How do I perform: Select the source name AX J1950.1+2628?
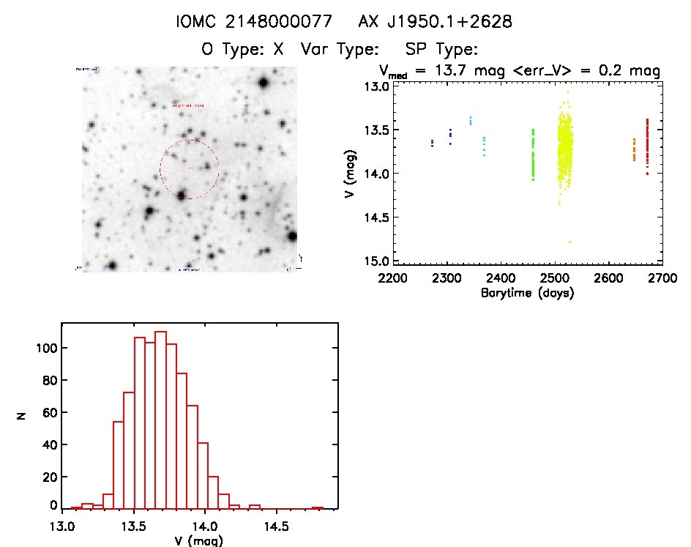pyautogui.click(x=435, y=22)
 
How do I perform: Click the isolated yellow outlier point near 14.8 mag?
pyautogui.click(x=569, y=242)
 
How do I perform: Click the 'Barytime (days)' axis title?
pyautogui.click(x=527, y=293)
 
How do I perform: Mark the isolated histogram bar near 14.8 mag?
pyautogui.click(x=318, y=507)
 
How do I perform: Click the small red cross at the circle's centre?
pyautogui.click(x=189, y=169)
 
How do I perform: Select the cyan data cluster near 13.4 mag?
pyautogui.click(x=471, y=120)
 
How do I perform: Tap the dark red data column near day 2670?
pyautogui.click(x=647, y=146)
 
